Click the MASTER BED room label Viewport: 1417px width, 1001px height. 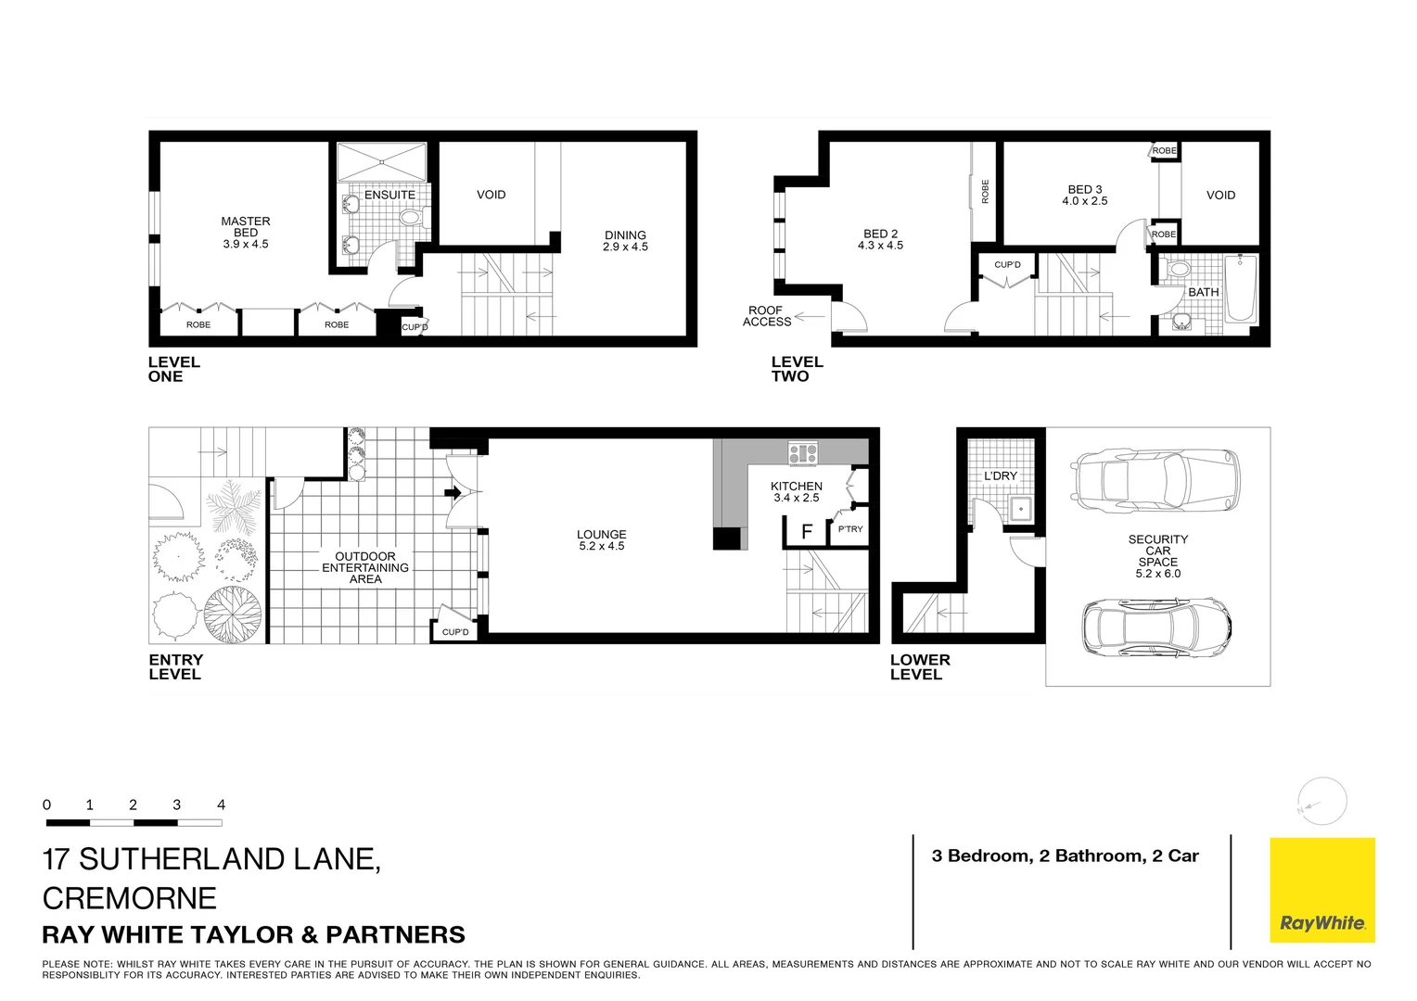coord(246,233)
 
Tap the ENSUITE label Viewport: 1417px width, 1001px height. coord(389,195)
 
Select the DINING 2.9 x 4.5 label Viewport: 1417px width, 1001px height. coord(625,241)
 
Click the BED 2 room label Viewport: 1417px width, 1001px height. coord(880,239)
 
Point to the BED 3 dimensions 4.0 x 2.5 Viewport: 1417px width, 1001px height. coord(1085,201)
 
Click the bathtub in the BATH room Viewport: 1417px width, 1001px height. coord(1241,289)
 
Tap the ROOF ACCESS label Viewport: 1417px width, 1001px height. coord(766,316)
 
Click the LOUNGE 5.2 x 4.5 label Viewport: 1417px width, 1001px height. coord(601,540)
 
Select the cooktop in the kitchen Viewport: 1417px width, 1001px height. coord(803,454)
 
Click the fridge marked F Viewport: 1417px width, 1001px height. coord(807,532)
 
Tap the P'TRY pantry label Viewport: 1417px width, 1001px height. coord(850,529)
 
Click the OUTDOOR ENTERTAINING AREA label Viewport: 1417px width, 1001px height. coord(365,567)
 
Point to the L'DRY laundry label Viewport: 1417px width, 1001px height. coord(1001,475)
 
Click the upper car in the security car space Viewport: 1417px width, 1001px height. coord(1155,482)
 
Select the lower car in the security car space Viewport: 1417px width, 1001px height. coord(1156,627)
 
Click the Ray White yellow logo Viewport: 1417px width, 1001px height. coord(1321,890)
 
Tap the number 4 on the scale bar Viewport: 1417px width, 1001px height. coord(221,805)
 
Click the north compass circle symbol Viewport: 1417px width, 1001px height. coord(1321,802)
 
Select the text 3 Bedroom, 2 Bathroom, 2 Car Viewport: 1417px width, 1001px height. coord(1065,856)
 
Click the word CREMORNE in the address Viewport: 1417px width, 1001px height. coord(130,898)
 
